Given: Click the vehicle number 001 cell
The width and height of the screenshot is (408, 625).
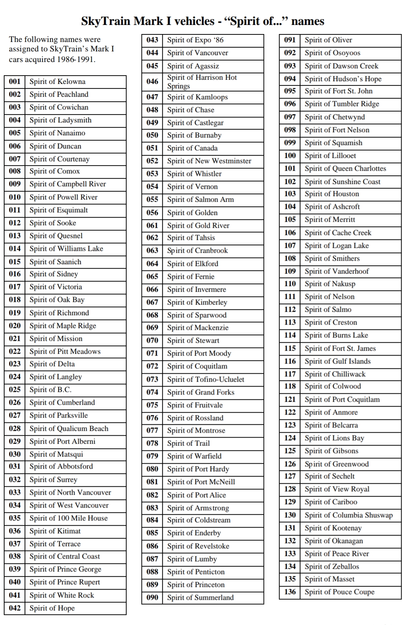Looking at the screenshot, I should click(15, 82).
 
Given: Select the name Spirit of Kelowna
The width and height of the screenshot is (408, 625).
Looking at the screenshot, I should click(57, 82).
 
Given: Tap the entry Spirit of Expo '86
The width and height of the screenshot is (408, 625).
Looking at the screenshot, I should click(195, 40).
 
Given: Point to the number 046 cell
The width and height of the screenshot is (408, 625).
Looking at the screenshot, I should click(152, 82).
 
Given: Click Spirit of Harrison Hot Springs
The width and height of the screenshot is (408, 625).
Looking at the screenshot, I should click(202, 82).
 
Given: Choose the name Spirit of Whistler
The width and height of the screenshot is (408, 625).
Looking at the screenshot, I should click(194, 174).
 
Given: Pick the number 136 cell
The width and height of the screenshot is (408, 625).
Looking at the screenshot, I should click(290, 592).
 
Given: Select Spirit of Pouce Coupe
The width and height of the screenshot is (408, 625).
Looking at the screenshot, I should click(339, 592).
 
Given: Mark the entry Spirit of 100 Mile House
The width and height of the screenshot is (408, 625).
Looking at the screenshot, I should click(68, 518).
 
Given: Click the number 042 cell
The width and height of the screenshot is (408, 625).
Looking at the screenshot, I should click(15, 608).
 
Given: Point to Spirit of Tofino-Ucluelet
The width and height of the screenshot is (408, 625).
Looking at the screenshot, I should click(206, 379).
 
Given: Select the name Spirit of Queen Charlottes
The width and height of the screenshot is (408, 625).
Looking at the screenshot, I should click(345, 169).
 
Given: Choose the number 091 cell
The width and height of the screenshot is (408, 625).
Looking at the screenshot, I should click(290, 40).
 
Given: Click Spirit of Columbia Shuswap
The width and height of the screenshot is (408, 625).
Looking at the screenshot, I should click(348, 515).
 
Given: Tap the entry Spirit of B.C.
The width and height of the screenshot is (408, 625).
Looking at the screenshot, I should click(50, 390).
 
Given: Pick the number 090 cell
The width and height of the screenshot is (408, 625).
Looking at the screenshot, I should click(152, 597).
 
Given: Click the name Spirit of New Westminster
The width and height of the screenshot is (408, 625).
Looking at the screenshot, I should click(209, 161).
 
